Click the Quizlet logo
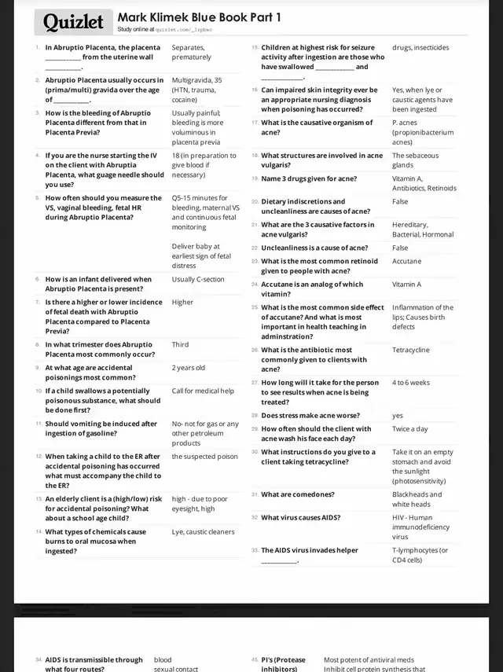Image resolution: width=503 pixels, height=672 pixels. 74,22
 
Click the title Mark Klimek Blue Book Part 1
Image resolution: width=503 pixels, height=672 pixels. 199,17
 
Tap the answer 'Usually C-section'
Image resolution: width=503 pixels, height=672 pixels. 198,279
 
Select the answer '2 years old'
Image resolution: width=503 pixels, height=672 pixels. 189,367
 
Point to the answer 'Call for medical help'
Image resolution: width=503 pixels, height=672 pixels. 203,391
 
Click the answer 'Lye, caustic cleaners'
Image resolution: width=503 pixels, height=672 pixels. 203,532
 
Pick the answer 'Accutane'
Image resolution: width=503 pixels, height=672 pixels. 406,261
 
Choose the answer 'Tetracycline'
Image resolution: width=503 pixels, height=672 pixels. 411,350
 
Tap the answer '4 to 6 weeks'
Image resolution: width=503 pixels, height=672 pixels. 411,383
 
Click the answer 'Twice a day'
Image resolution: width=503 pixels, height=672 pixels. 410,429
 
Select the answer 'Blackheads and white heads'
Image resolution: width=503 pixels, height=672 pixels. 417,499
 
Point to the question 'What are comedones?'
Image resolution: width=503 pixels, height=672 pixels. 297,494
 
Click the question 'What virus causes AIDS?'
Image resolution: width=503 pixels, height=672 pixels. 301,517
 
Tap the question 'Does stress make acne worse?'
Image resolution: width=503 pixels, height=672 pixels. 310,415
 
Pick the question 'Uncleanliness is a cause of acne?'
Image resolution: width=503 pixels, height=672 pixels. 314,248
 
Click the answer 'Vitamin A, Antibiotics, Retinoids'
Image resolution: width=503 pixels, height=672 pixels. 424,183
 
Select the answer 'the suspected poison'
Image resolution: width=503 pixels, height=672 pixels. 204,456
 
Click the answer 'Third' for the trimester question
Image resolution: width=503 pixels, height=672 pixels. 180,344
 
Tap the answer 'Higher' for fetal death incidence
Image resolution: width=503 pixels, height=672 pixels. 182,302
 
